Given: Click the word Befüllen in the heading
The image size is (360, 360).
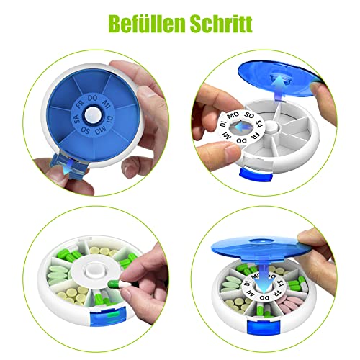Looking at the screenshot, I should pos(140,24).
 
